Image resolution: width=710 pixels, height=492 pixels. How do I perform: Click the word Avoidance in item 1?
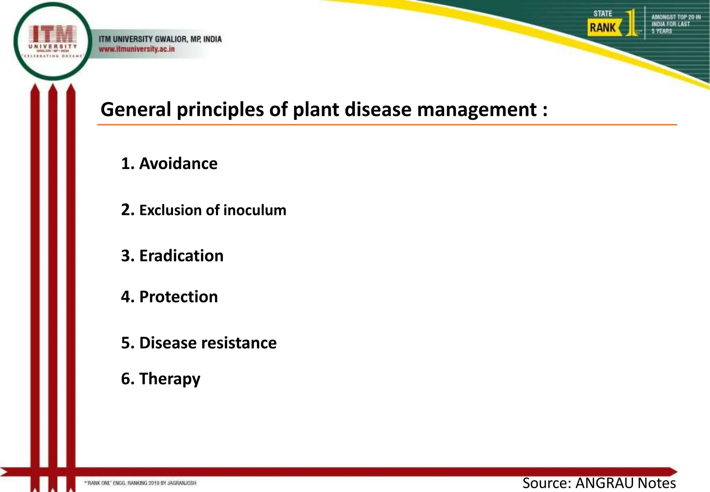tap(178, 163)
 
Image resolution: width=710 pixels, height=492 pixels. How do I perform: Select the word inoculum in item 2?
tap(255, 210)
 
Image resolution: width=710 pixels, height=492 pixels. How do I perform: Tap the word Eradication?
tap(181, 256)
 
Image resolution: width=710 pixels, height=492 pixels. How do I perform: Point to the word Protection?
tap(179, 297)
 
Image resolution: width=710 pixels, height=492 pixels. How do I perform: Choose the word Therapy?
tap(170, 379)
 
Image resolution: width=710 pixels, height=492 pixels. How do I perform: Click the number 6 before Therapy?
tap(125, 379)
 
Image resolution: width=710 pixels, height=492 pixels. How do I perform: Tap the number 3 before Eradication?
tap(125, 256)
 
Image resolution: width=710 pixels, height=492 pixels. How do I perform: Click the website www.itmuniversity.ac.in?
tap(137, 49)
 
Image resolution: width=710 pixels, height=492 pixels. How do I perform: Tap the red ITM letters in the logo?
tap(53, 34)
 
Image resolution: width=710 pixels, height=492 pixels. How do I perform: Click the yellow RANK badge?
tap(603, 28)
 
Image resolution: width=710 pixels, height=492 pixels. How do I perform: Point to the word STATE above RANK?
tap(603, 14)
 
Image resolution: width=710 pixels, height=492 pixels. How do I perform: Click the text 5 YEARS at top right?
tap(661, 31)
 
